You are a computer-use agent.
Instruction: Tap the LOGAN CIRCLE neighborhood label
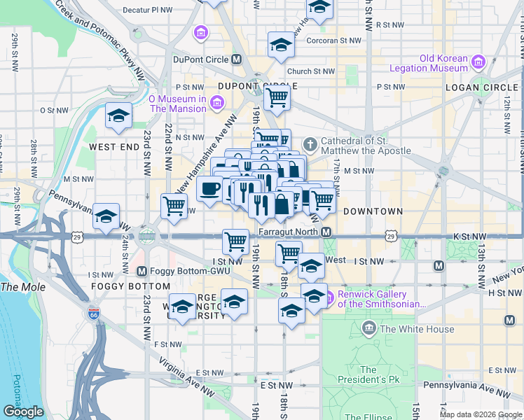[480, 88]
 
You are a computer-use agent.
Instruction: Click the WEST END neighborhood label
[114, 147]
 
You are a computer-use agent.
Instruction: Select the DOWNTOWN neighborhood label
[373, 211]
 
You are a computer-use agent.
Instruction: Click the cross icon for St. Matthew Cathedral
[312, 146]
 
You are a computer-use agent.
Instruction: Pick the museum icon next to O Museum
[216, 104]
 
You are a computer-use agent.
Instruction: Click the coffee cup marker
[209, 188]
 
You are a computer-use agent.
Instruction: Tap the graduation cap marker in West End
[118, 114]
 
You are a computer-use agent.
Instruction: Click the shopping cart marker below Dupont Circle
[277, 97]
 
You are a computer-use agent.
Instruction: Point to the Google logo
[23, 412]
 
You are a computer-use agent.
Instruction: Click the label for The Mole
[23, 287]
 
